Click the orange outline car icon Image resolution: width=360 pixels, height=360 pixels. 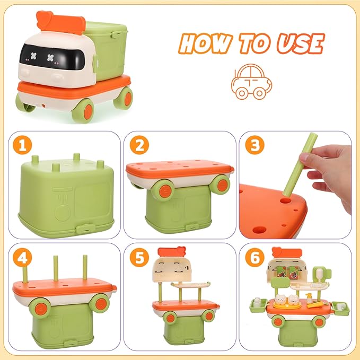[251, 82]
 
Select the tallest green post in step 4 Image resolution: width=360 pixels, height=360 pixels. [84, 270]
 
